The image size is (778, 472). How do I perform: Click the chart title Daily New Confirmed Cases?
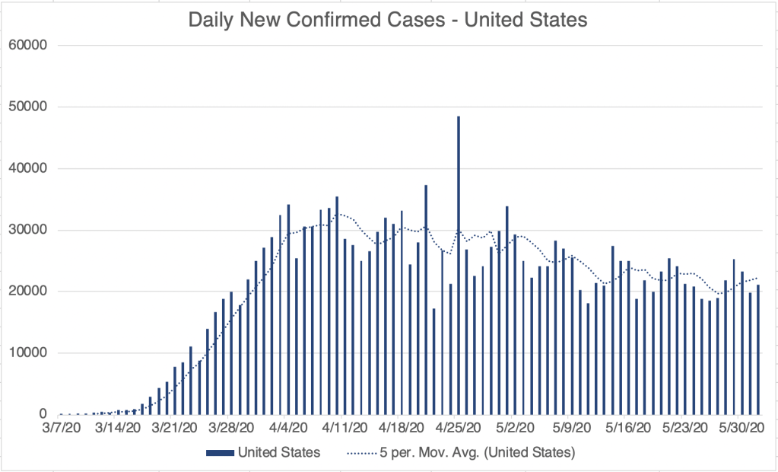tap(388, 20)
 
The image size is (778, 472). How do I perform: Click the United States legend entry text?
tap(279, 452)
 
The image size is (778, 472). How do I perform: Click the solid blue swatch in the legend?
tap(220, 452)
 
